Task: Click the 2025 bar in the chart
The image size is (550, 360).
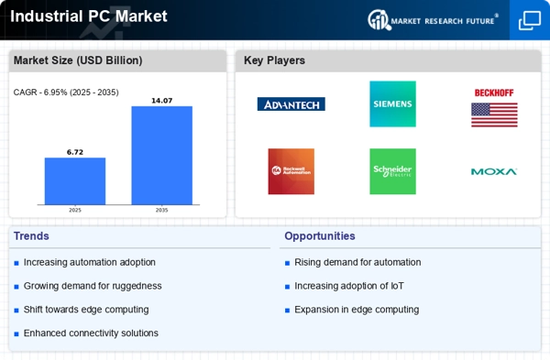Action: point(75,180)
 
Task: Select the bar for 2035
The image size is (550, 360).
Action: point(161,156)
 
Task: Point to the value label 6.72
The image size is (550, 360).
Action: point(75,152)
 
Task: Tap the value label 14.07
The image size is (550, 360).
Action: point(161,101)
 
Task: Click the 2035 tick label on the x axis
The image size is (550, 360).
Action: point(161,210)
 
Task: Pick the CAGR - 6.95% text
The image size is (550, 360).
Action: point(40,93)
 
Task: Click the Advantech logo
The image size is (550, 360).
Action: point(291,104)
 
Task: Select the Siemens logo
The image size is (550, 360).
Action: point(392,104)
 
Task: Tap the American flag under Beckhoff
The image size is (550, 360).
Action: point(494,115)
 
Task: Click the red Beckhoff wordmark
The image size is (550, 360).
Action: point(494,93)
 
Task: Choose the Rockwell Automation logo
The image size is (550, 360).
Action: point(291,171)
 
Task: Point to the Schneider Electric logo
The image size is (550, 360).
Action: point(392,171)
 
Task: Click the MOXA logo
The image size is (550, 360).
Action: point(494,172)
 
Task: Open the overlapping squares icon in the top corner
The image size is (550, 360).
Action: point(530,20)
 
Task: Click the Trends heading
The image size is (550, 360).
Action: point(31,236)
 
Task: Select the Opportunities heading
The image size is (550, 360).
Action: point(320,236)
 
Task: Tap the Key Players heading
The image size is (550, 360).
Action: point(274,60)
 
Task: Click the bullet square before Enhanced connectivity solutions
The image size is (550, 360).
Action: point(16,334)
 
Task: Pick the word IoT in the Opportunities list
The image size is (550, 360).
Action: point(397,286)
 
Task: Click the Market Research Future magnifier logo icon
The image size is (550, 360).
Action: point(379,20)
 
